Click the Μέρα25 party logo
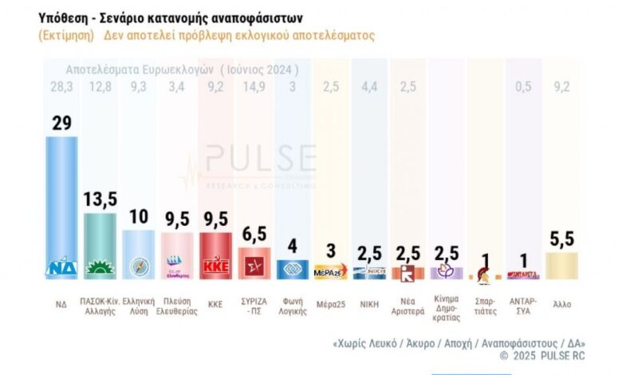pyautogui.click(x=331, y=271)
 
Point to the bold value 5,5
pyautogui.click(x=562, y=239)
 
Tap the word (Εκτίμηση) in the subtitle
pyautogui.click(x=65, y=36)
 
